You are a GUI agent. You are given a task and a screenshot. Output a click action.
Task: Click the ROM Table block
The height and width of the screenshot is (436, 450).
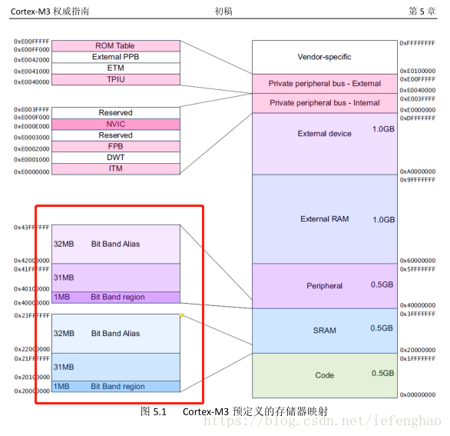[x=116, y=46]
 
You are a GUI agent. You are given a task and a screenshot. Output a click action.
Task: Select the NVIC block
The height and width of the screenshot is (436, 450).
[x=116, y=124]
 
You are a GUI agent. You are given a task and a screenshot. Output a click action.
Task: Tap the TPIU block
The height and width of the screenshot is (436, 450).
[x=116, y=79]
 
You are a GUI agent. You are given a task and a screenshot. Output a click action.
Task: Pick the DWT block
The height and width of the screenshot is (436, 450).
[x=116, y=158]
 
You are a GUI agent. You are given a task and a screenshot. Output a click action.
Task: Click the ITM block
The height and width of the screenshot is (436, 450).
[x=116, y=168]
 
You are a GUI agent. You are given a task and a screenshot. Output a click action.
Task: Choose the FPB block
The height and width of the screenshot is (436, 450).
[x=116, y=146]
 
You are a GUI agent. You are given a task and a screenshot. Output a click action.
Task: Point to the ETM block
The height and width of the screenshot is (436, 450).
[x=116, y=68]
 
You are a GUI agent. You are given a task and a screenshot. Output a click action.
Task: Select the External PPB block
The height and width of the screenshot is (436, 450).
[x=116, y=57]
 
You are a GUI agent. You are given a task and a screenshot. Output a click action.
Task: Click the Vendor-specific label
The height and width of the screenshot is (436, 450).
[x=324, y=57]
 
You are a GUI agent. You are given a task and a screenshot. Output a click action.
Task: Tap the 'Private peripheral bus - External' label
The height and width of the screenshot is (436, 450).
[x=325, y=83]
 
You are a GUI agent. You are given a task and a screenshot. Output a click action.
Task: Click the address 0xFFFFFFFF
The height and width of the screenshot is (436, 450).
[x=418, y=43]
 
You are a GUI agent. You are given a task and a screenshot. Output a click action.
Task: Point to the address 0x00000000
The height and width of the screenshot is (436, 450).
[x=418, y=394]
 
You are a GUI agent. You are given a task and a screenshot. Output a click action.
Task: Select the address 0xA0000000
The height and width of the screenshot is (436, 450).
[x=418, y=171]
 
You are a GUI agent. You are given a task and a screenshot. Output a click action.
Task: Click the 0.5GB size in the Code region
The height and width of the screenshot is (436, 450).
[x=383, y=373]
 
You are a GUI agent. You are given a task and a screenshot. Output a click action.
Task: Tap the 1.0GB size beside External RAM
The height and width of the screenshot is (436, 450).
[x=384, y=220]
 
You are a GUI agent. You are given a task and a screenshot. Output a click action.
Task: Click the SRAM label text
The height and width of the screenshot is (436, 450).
[x=325, y=331]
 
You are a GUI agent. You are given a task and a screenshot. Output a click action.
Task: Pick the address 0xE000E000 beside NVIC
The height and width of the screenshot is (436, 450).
[x=31, y=126]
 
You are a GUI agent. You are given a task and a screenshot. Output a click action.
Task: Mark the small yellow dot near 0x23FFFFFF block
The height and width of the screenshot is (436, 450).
[x=182, y=315]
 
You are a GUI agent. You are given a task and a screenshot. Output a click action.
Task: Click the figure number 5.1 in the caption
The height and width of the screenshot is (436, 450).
[x=160, y=412]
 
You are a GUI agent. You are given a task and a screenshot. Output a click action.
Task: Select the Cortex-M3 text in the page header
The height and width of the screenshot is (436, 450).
[x=31, y=12]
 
